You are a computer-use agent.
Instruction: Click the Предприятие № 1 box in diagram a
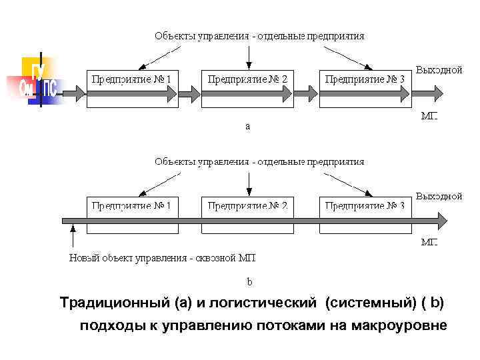132,85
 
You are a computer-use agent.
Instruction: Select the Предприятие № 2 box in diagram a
247,85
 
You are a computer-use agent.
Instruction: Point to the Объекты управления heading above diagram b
259,161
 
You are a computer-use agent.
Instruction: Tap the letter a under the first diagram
248,125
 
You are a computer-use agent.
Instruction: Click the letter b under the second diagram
249,281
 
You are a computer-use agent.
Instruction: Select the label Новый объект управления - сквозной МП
163,257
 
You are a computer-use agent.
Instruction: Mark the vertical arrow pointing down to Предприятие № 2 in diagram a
248,55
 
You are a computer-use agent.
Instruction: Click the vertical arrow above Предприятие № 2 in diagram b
248,181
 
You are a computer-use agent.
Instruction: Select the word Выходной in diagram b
439,197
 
